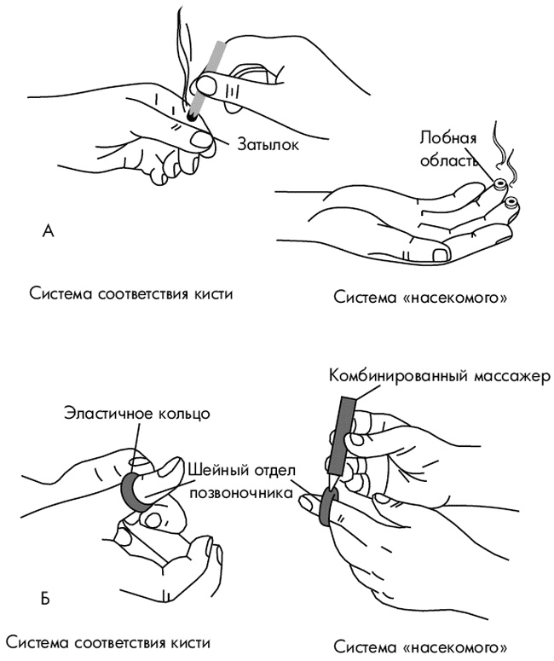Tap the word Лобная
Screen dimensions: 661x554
tap(444, 136)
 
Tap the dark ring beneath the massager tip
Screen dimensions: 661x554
tap(327, 507)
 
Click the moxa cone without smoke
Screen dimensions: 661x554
tap(512, 202)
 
